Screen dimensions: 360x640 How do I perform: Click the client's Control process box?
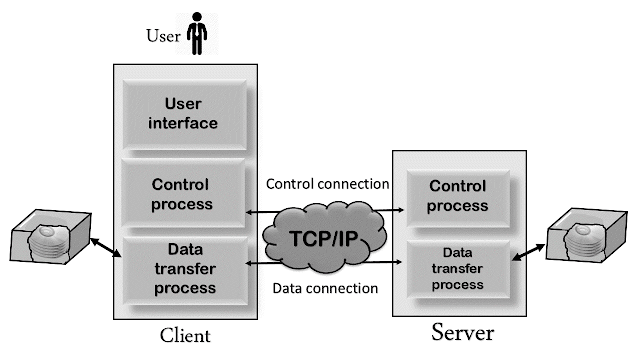point(183,194)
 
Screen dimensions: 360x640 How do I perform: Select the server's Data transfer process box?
point(456,269)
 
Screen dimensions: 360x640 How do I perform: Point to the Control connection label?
point(327,185)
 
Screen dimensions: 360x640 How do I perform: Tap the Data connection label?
point(325,289)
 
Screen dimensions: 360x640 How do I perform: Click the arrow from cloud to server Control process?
point(385,211)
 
